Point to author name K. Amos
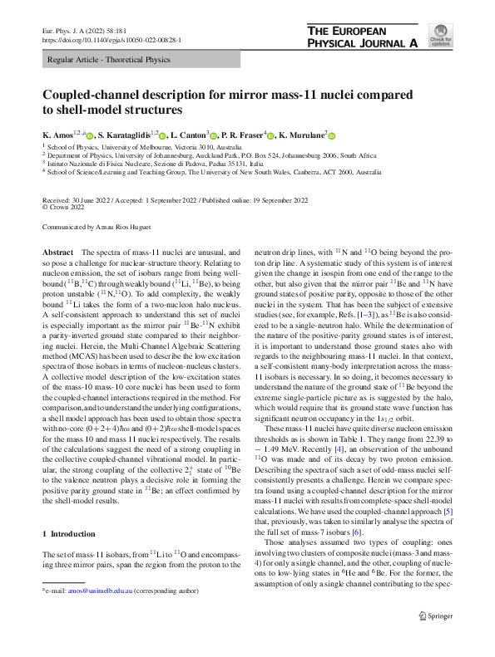click(56, 134)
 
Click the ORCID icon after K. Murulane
click(329, 134)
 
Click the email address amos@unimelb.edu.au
click(92, 636)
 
